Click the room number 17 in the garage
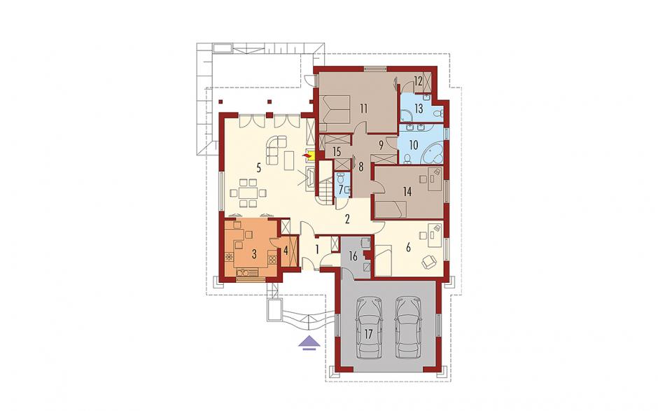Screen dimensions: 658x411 pyautogui.click(x=368, y=335)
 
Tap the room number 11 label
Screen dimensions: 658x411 pyautogui.click(x=363, y=109)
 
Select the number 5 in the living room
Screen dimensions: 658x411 pyautogui.click(x=259, y=168)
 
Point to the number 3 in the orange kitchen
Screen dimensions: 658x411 pyautogui.click(x=254, y=253)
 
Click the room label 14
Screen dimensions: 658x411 pyautogui.click(x=407, y=192)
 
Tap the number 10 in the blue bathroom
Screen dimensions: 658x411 pyautogui.click(x=413, y=145)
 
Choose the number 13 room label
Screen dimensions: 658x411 pyautogui.click(x=419, y=109)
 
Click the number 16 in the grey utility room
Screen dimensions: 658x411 pyautogui.click(x=353, y=256)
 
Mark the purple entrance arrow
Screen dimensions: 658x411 pyautogui.click(x=309, y=342)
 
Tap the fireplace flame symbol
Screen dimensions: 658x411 pyautogui.click(x=309, y=156)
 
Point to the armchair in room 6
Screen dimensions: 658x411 pyautogui.click(x=429, y=261)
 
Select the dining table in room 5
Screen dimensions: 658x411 pyautogui.click(x=246, y=193)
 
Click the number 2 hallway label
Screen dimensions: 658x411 pyautogui.click(x=347, y=218)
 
